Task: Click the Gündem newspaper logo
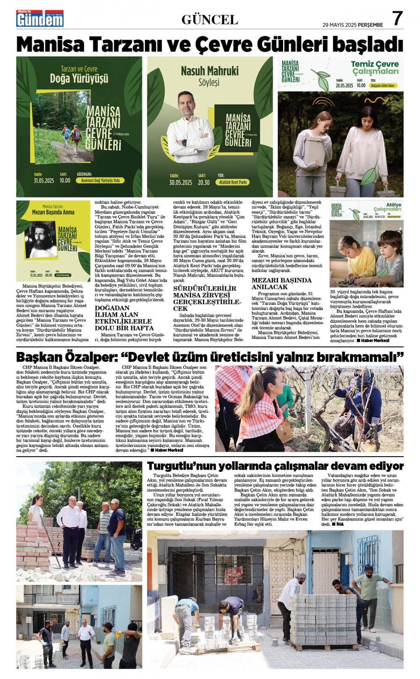click(40, 18)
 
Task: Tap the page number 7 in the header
click(397, 18)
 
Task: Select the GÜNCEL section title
click(210, 19)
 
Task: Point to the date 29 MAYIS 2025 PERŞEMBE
click(352, 25)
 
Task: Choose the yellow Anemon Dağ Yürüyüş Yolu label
click(101, 180)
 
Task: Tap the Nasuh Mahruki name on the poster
click(209, 70)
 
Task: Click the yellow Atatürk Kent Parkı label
click(232, 182)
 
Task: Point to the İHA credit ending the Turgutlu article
click(336, 524)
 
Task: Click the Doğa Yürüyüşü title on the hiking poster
click(79, 78)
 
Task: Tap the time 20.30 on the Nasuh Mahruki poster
click(204, 182)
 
